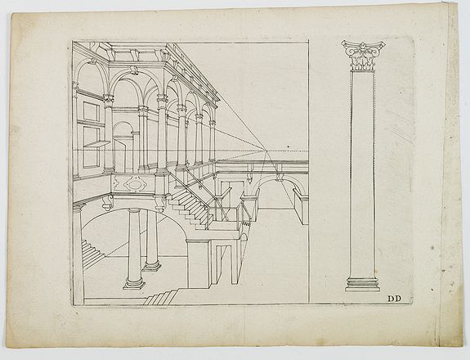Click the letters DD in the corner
tap(394, 299)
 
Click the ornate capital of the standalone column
tap(363, 56)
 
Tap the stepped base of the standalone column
tap(362, 284)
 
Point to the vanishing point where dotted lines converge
tap(266, 151)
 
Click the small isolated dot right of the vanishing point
tap(288, 146)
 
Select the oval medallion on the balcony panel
tap(135, 183)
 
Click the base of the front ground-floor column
tap(134, 283)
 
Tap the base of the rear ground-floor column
tap(152, 265)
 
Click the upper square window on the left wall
tap(92, 111)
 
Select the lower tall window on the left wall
tap(91, 147)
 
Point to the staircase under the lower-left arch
tap(92, 251)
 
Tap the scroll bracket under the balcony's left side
tap(107, 203)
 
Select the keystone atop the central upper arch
tap(135, 71)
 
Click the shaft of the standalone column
tap(362, 174)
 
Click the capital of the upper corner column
tap(162, 99)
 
